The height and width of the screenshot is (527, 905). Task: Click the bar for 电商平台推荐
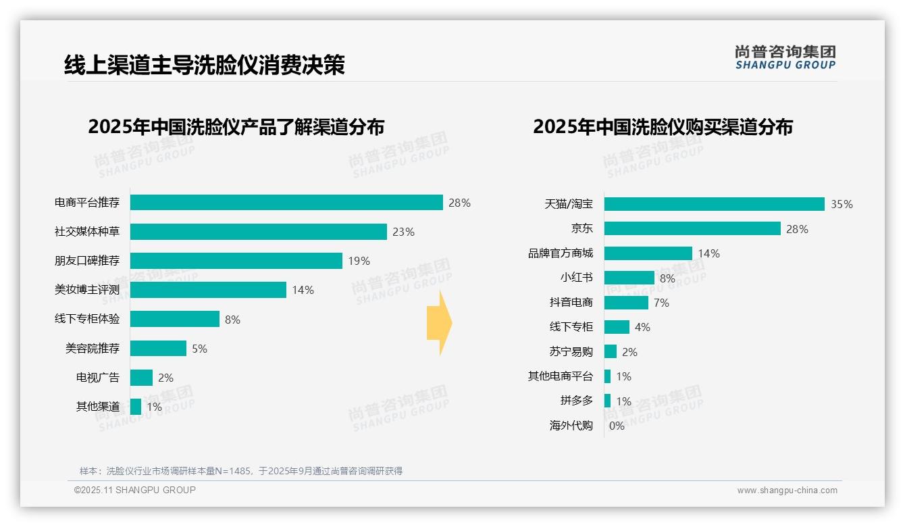coord(286,203)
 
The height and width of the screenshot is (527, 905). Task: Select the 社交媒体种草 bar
coord(258,232)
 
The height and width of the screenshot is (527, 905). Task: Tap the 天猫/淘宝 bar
coord(714,204)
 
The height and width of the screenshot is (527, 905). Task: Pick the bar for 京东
coord(692,228)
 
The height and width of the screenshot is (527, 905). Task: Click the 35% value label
coord(842,205)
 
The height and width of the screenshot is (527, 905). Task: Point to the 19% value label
coord(359,261)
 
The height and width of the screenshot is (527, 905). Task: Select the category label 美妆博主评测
coord(87,290)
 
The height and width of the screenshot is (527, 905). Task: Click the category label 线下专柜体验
coord(87,319)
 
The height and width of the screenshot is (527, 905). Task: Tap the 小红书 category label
coord(576,278)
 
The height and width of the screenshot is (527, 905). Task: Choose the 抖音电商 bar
coord(626,303)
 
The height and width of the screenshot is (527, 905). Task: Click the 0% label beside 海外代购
coord(617,426)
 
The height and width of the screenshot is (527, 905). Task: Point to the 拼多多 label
coord(576,401)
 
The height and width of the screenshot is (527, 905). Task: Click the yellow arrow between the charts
coord(440,324)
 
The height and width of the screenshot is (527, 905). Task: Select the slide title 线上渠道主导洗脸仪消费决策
coord(204,65)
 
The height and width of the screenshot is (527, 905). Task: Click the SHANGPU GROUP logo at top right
coord(785,57)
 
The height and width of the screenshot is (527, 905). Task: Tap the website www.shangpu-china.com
coord(787,491)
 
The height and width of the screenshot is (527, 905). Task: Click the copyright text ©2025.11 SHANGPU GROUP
coord(135,490)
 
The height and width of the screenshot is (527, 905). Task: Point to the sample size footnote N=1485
coord(241,471)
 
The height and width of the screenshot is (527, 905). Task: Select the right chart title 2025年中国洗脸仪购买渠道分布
coord(663,127)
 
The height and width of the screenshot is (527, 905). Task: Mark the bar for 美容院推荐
coord(158,349)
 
